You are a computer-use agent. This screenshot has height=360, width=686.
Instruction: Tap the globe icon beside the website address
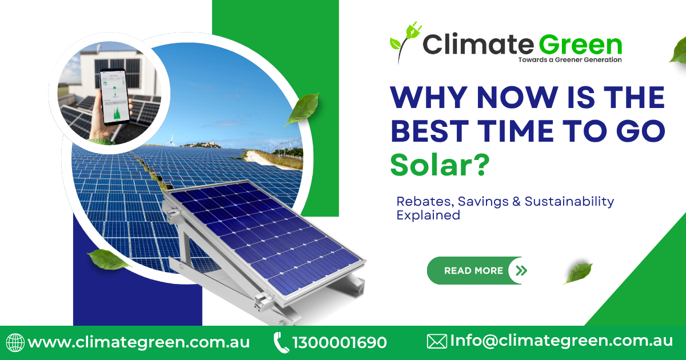tap(15, 342)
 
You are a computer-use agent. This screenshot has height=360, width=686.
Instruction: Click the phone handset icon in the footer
tap(281, 343)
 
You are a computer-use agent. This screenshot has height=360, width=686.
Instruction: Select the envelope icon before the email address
tap(437, 342)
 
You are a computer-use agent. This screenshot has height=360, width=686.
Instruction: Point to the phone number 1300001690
tap(340, 343)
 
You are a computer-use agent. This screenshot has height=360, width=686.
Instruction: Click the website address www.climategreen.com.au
tap(139, 342)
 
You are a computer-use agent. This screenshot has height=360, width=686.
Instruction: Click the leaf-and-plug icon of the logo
tap(405, 40)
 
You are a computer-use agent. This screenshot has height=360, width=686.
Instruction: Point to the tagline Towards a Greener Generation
tap(569, 59)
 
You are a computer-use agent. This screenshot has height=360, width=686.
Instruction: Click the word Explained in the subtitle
tap(428, 215)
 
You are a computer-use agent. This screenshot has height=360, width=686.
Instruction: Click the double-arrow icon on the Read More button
tap(520, 271)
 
